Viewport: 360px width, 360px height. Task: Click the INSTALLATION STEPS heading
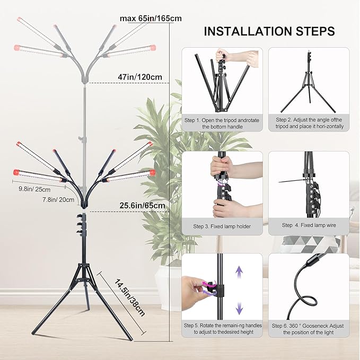point(269,31)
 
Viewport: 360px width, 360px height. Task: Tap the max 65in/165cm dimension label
point(151,19)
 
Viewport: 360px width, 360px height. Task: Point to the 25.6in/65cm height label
point(142,206)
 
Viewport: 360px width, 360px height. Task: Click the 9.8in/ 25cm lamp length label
point(34,189)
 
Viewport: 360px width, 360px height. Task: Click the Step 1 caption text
point(222,124)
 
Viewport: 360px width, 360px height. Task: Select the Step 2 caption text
point(309,124)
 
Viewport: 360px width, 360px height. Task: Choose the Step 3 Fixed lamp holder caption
point(222,226)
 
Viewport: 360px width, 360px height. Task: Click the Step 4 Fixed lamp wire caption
point(309,225)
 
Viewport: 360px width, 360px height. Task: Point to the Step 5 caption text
point(222,328)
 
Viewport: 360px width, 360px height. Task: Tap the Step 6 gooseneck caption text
point(309,328)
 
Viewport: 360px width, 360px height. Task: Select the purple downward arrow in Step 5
point(239,306)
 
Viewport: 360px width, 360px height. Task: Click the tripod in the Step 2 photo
point(308,85)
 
